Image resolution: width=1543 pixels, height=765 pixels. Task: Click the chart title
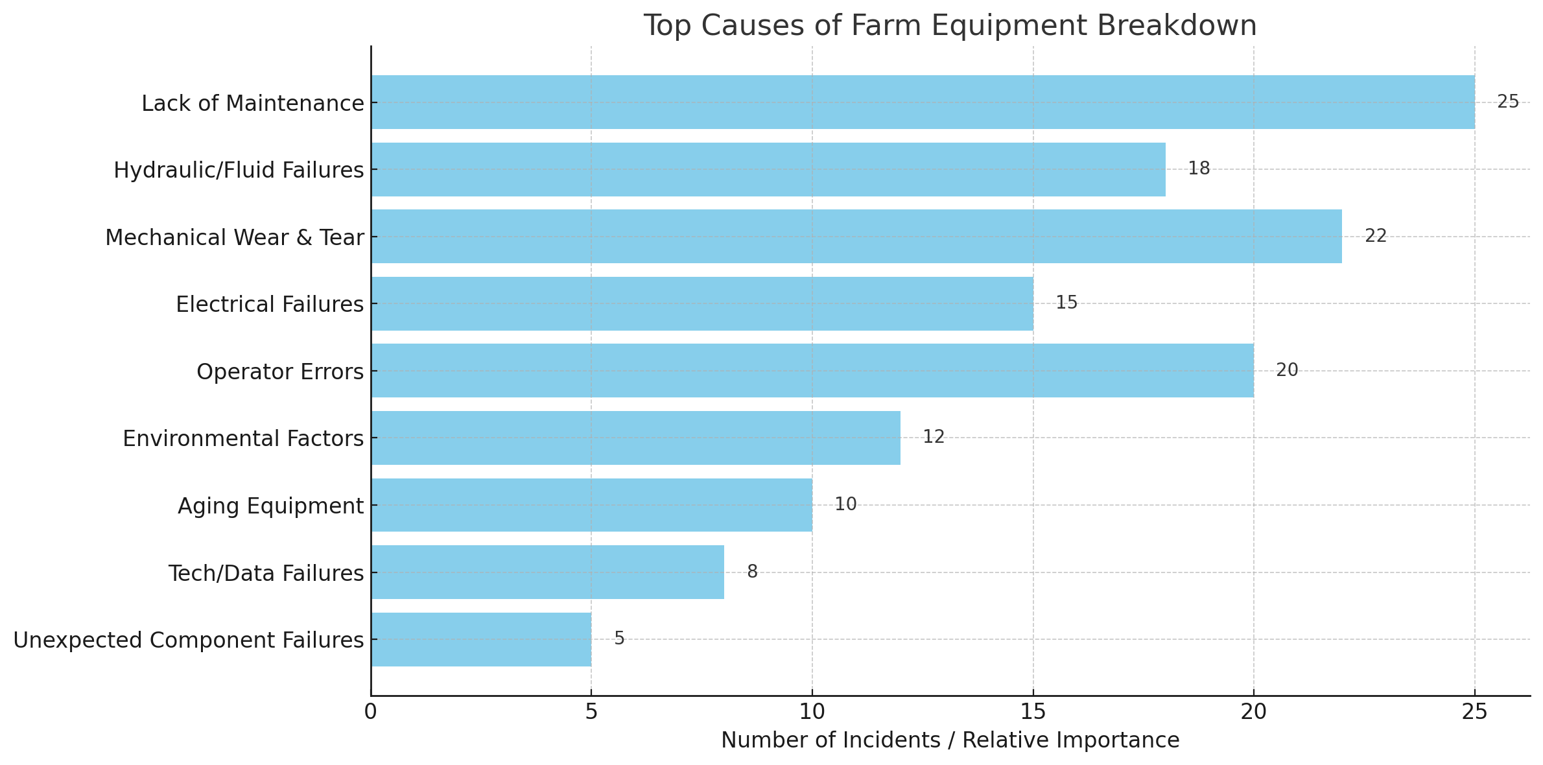coord(950,26)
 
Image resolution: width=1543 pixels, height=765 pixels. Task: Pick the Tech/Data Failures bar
coord(547,572)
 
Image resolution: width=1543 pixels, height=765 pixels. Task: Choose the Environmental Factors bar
coord(635,438)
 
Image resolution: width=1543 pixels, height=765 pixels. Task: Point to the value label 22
coord(1376,236)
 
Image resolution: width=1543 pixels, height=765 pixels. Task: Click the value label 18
coord(1199,169)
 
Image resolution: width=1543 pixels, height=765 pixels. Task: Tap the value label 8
coord(752,572)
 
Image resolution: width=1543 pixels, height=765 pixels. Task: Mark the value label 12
coord(934,437)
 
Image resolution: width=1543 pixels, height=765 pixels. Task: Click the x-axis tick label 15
coord(1033,712)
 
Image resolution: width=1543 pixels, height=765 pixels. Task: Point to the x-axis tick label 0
coord(370,712)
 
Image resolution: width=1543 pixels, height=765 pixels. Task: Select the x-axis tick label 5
coord(591,712)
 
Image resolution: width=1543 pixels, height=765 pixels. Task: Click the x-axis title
coord(950,740)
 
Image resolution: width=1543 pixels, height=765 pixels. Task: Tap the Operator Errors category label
coord(280,372)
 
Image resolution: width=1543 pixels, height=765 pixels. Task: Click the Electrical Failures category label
coord(270,304)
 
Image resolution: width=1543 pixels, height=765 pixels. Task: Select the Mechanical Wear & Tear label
coord(234,237)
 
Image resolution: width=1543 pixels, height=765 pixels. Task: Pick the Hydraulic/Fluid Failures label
coord(239,170)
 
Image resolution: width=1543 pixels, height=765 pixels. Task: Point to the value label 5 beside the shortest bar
coord(619,639)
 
